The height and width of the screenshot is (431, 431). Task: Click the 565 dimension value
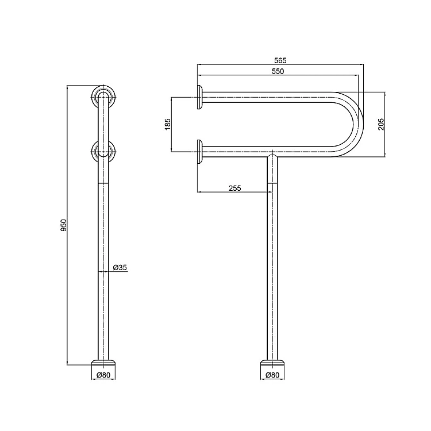(280, 60)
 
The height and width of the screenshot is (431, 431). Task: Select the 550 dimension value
(278, 71)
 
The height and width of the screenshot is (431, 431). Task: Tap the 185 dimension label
(167, 124)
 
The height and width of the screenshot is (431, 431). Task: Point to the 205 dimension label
(381, 124)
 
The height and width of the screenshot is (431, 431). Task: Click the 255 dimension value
(234, 188)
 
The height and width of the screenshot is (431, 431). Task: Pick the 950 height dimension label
(63, 225)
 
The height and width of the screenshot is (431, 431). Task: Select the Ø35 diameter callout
(120, 267)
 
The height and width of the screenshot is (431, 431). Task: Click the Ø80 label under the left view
(103, 375)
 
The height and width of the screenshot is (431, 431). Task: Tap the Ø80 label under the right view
(272, 375)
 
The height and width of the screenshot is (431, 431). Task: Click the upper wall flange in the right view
(200, 97)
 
